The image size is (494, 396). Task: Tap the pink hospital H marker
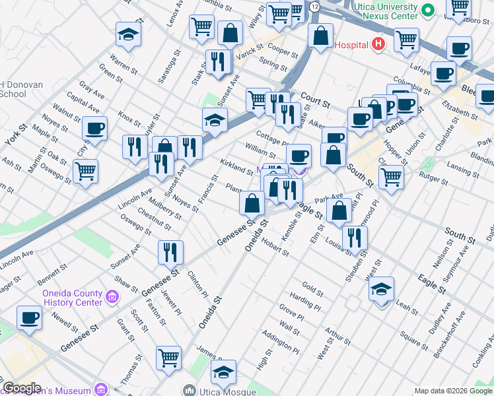click(x=378, y=44)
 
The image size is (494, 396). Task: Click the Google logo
click(x=22, y=388)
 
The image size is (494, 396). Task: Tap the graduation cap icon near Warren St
click(x=129, y=36)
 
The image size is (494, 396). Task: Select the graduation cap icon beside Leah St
click(x=381, y=290)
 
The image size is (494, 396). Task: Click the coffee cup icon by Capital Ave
click(x=94, y=128)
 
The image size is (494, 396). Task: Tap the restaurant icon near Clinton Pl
click(x=170, y=252)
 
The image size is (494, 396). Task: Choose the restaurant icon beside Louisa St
click(x=355, y=238)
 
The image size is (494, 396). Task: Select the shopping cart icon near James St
click(x=169, y=358)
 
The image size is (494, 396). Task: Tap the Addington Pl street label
click(x=280, y=341)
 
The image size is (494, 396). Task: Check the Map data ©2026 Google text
click(x=452, y=391)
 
